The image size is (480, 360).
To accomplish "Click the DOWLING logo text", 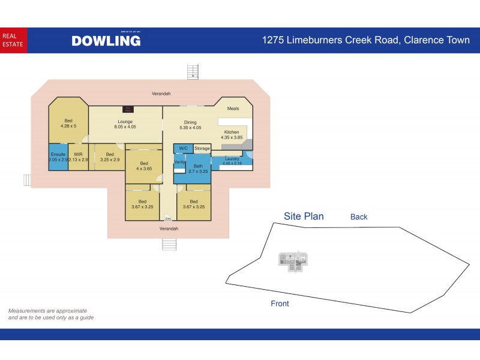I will coord(106,41).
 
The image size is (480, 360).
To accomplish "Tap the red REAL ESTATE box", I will coord(13,40).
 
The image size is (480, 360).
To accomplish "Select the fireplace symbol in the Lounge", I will coord(127,109).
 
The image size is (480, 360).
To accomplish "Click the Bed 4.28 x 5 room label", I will coord(68,124).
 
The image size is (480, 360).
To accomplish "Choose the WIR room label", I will coord(78,157).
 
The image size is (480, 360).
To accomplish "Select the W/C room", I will coord(184,148).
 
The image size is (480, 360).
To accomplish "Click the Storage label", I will coord(202,148).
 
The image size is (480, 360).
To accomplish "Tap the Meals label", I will coord(233,109).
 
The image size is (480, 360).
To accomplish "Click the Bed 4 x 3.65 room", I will coord(144,166).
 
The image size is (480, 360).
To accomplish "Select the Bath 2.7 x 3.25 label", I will coord(198,169).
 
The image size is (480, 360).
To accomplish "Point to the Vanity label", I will coord(179,162).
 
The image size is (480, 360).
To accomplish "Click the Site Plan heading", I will coord(304,217).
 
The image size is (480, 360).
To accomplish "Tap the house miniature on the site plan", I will coord(293,259).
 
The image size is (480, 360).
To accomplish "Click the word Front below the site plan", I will coord(280,304).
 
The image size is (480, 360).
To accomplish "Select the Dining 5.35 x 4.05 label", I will coord(190,125).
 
